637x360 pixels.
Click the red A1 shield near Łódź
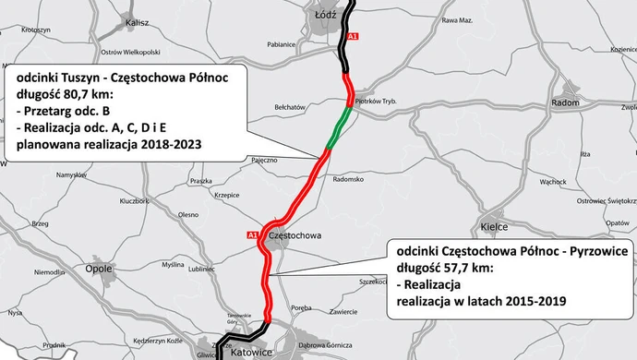click(x=353, y=35)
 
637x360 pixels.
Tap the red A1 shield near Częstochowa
click(x=251, y=235)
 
